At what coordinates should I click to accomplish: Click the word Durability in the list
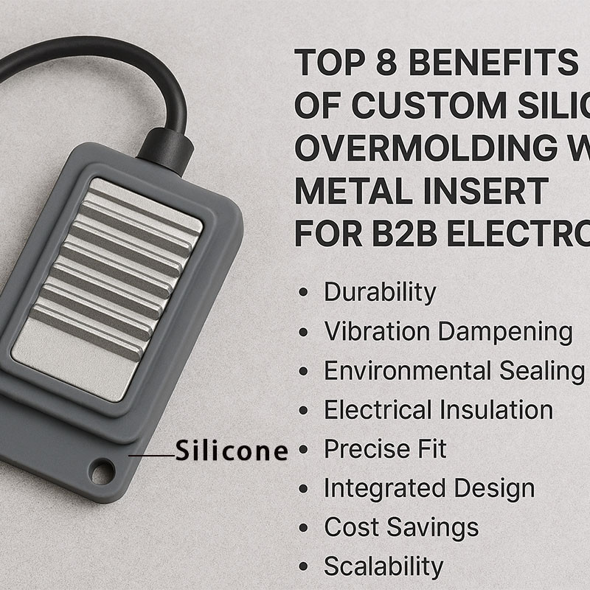pyautogui.click(x=380, y=293)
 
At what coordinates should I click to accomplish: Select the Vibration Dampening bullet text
pyautogui.click(x=448, y=332)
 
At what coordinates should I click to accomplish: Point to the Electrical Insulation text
pyautogui.click(x=438, y=410)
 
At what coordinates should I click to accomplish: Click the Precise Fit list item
pyautogui.click(x=385, y=449)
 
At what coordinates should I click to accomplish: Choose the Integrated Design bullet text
pyautogui.click(x=429, y=488)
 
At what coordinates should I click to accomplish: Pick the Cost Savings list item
pyautogui.click(x=401, y=527)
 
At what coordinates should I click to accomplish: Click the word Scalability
pyautogui.click(x=383, y=566)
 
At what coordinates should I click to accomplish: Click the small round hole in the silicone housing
pyautogui.click(x=103, y=470)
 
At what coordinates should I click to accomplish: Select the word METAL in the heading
pyautogui.click(x=347, y=192)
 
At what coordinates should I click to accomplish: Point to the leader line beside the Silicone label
pyautogui.click(x=151, y=455)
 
